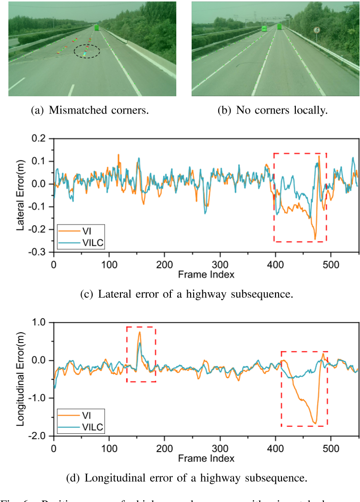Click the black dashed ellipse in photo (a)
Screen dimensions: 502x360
[86, 51]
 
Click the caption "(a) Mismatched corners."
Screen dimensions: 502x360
[89, 111]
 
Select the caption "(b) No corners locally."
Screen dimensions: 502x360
[272, 111]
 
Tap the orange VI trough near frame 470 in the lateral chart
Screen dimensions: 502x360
[315, 239]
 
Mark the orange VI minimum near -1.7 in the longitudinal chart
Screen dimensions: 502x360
[315, 423]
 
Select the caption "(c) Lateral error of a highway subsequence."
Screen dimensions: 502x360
[187, 295]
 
